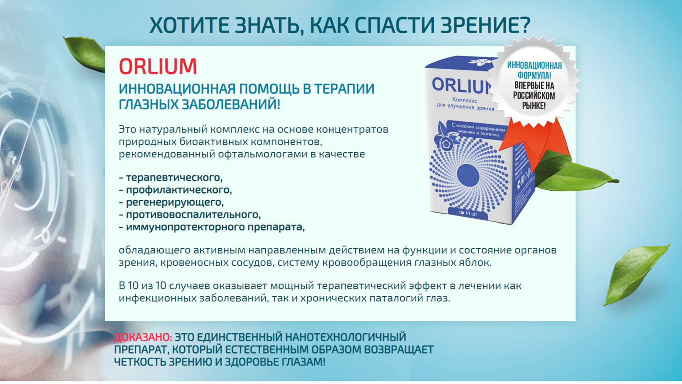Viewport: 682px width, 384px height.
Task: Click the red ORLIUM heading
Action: (x=158, y=66)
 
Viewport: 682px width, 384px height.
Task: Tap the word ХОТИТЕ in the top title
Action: (x=189, y=25)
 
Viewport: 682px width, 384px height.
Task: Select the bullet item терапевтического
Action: (x=174, y=177)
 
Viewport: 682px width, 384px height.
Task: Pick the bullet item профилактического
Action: (x=179, y=190)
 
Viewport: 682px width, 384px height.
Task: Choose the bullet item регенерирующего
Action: (x=175, y=202)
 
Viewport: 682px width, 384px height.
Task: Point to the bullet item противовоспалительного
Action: (x=193, y=215)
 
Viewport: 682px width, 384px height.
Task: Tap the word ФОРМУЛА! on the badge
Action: (x=534, y=75)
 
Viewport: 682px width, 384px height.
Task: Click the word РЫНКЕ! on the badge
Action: (x=534, y=106)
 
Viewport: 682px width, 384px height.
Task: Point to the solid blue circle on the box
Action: (x=468, y=175)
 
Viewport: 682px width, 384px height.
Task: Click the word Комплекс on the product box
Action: (x=465, y=100)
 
